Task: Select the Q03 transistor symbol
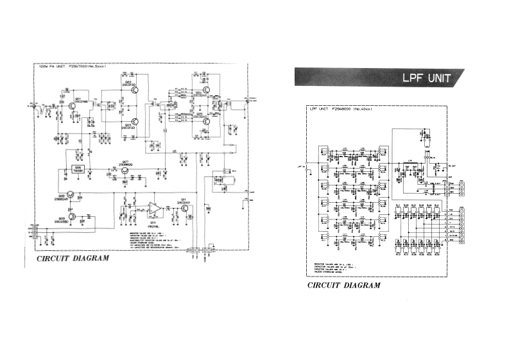click(x=135, y=121)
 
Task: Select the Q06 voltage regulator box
click(x=79, y=169)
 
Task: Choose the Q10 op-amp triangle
click(x=154, y=209)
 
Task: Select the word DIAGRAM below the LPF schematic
click(x=362, y=285)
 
